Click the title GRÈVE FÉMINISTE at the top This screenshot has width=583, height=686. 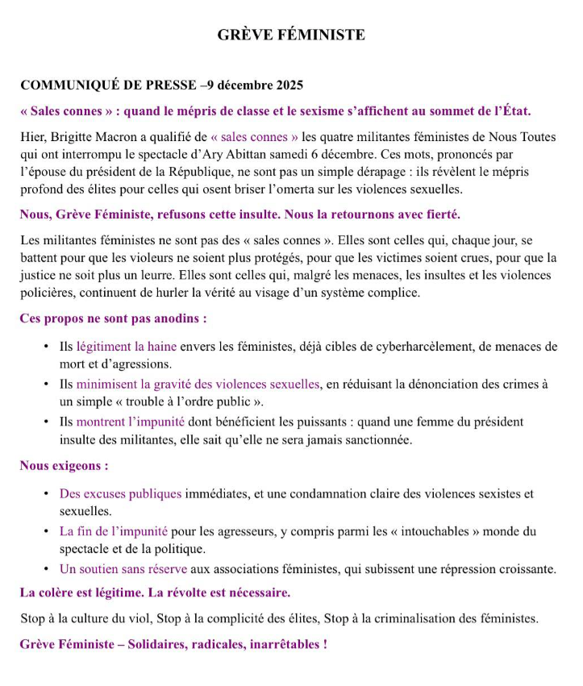point(291,35)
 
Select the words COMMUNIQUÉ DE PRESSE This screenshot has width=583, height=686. point(108,85)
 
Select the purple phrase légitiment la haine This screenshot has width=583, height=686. point(122,347)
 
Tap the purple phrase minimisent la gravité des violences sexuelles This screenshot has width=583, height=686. point(198,384)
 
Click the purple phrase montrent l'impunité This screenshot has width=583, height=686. point(131,421)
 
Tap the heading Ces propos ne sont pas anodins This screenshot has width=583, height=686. point(113,318)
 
